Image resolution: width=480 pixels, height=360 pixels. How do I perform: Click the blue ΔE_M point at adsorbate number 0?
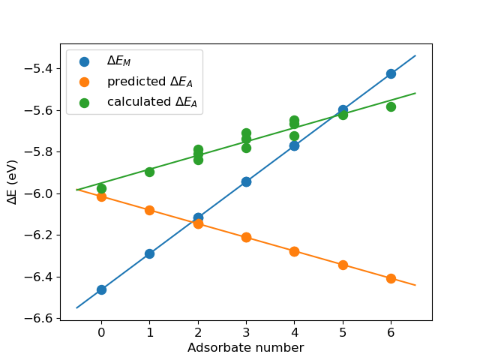[x=101, y=289]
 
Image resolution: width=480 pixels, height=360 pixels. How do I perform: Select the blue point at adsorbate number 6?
[x=391, y=73]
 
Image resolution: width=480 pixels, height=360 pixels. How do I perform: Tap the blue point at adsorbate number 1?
[x=149, y=253]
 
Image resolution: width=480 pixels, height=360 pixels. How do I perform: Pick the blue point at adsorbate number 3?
[x=246, y=181]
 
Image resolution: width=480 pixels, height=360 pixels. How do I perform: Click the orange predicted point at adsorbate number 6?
[x=391, y=278]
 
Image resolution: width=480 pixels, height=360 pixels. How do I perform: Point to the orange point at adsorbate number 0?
[x=101, y=196]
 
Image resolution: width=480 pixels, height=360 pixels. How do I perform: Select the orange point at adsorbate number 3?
[x=246, y=237]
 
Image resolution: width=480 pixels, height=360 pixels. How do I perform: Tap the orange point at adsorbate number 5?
[x=343, y=265]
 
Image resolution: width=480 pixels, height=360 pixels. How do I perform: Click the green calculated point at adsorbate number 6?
[x=391, y=106]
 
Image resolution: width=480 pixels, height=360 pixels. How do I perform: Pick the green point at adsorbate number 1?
[x=149, y=172]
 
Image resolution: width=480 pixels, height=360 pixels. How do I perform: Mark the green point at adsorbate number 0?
[x=101, y=188]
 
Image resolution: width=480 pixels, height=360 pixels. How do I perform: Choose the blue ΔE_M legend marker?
[x=84, y=61]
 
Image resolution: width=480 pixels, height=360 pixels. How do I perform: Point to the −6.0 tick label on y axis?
[x=40, y=193]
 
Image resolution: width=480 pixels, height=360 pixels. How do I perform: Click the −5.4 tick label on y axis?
[x=40, y=69]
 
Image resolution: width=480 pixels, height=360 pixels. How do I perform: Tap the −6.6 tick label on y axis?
[x=40, y=319]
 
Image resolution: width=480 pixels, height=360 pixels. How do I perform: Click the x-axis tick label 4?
[x=294, y=332]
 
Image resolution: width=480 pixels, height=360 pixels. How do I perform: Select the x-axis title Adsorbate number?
[x=245, y=348]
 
